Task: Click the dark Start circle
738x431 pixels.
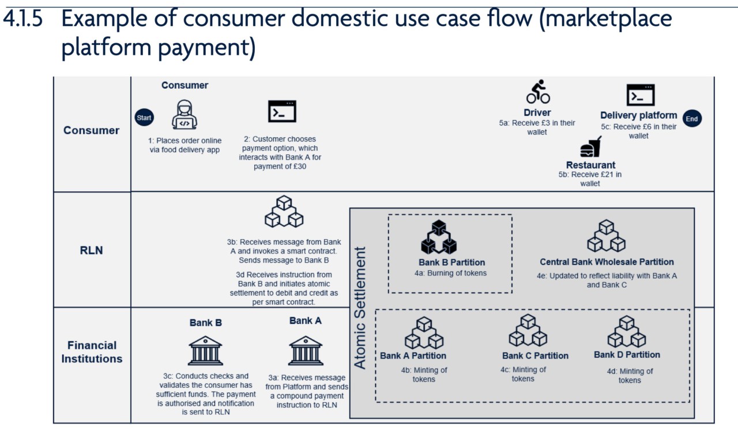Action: pos(144,118)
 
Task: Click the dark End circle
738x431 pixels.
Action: pos(691,119)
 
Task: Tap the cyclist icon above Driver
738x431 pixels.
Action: pos(537,92)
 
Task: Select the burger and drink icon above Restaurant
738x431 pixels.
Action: pos(590,148)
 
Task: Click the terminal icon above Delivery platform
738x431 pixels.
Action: pos(640,95)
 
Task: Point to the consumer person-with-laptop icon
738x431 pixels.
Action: pos(184,115)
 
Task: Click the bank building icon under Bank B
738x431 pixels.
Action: pos(205,350)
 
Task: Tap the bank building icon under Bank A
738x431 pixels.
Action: pos(305,350)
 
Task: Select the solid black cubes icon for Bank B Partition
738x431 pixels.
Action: pos(439,237)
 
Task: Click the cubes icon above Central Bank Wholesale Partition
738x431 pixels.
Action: pos(606,236)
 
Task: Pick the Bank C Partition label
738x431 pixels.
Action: pos(535,356)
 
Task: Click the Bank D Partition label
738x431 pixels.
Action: pos(627,354)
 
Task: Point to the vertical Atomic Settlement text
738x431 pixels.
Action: pos(360,308)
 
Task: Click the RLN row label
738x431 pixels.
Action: pos(92,250)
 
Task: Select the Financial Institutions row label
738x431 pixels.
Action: pos(92,352)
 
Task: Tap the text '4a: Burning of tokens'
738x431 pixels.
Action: pos(450,273)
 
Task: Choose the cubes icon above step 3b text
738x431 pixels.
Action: pos(284,212)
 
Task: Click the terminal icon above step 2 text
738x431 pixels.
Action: pos(282,111)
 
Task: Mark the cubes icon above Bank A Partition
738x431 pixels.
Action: pos(424,332)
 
